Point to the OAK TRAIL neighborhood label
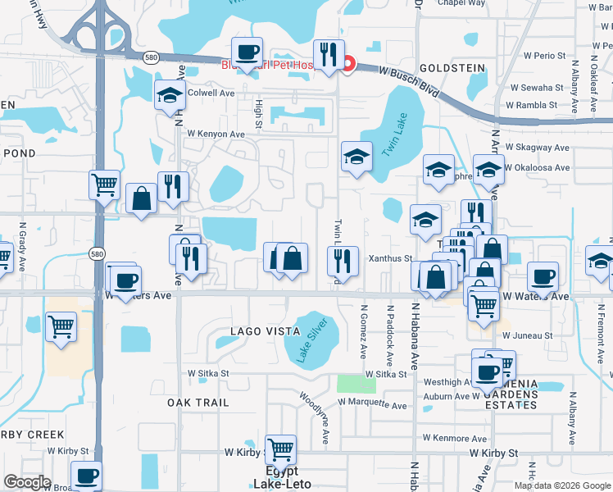pos(197,403)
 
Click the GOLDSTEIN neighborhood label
pos(448,69)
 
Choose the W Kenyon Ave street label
pos(216,134)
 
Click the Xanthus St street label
pos(390,258)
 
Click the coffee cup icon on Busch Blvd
pos(247,53)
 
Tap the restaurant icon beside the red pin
pos(329,55)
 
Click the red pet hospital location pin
pos(348,62)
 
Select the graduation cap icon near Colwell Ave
pos(170,94)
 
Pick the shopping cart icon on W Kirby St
pos(280,449)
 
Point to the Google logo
pos(27,482)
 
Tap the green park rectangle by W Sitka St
pos(356,383)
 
